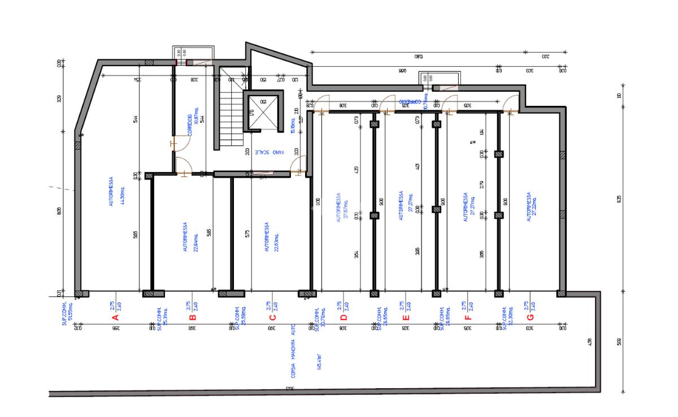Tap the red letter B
click(192, 317)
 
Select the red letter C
click(272, 317)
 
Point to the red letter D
click(343, 317)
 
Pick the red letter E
click(405, 317)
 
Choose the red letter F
click(468, 317)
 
